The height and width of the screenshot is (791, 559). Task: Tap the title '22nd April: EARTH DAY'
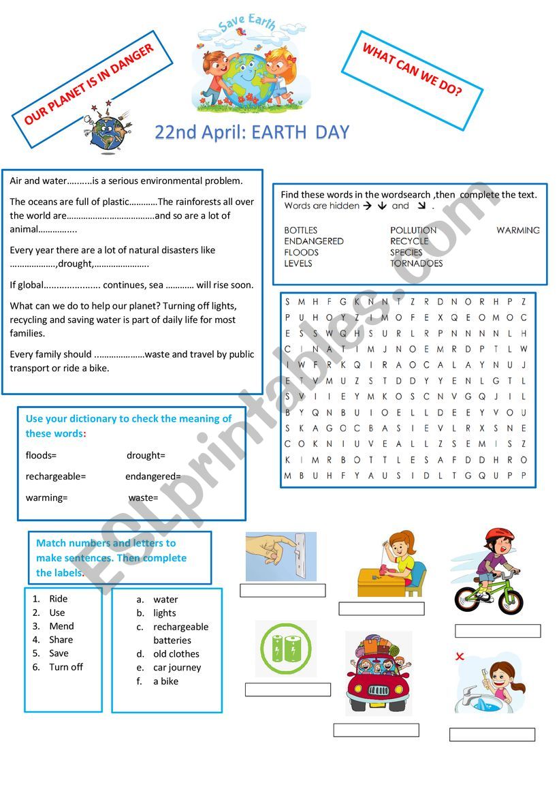tap(252, 132)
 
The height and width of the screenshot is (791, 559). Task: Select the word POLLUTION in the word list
tap(413, 230)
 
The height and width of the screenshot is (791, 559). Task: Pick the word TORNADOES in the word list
tap(416, 264)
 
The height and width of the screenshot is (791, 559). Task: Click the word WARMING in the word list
tap(517, 230)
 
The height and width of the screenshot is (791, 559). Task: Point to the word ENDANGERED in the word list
tap(314, 241)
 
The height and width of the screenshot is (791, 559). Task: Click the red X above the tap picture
tap(460, 657)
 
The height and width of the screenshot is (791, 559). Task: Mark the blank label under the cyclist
tap(498, 631)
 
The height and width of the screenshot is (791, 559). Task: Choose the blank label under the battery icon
tap(287, 689)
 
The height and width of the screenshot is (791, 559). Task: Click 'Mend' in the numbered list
tap(61, 626)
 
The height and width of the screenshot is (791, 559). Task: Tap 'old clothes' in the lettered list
tap(176, 654)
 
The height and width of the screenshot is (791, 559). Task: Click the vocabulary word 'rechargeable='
tap(56, 477)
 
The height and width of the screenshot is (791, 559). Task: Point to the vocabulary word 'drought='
tap(146, 456)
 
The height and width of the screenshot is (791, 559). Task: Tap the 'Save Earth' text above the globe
tap(248, 25)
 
